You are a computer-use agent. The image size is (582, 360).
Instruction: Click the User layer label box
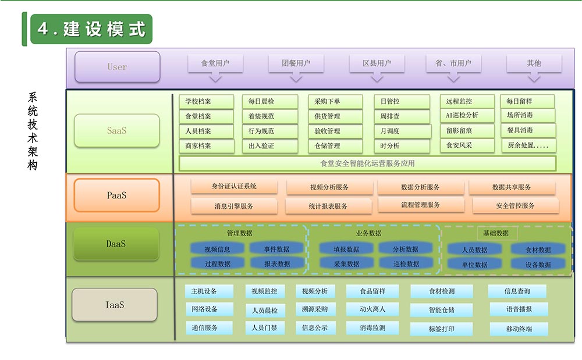[117, 67]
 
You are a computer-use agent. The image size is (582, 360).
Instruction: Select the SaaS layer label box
[116, 130]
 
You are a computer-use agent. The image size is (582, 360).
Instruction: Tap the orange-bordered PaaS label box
[116, 195]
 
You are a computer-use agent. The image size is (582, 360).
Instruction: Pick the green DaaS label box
[116, 244]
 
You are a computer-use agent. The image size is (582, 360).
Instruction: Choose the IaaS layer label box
[115, 304]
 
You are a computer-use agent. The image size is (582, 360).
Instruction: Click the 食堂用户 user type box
[215, 63]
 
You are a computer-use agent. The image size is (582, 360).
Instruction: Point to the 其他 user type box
[534, 63]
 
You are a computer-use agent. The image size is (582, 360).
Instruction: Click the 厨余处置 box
[528, 145]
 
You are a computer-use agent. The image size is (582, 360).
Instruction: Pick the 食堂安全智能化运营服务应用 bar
[367, 163]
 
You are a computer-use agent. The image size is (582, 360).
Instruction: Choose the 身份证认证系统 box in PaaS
[235, 187]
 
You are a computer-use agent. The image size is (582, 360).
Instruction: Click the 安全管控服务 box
[515, 205]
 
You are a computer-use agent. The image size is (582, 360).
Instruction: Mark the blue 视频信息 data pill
[217, 249]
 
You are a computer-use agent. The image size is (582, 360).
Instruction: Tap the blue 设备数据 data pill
[538, 264]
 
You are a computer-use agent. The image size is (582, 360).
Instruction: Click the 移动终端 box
[519, 329]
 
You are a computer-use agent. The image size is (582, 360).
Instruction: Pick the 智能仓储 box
[441, 310]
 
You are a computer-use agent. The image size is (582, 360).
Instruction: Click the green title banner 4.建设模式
[90, 29]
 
